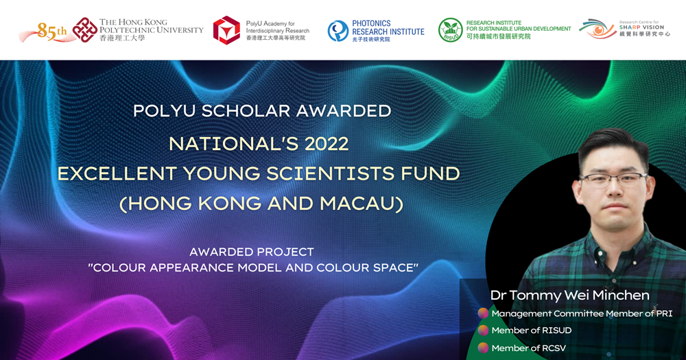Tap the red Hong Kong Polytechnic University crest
click(85, 30)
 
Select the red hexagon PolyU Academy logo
click(226, 30)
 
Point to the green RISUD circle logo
click(450, 30)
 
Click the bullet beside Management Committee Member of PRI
click(483, 313)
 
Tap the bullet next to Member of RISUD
click(483, 331)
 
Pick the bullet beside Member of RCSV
click(483, 348)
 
